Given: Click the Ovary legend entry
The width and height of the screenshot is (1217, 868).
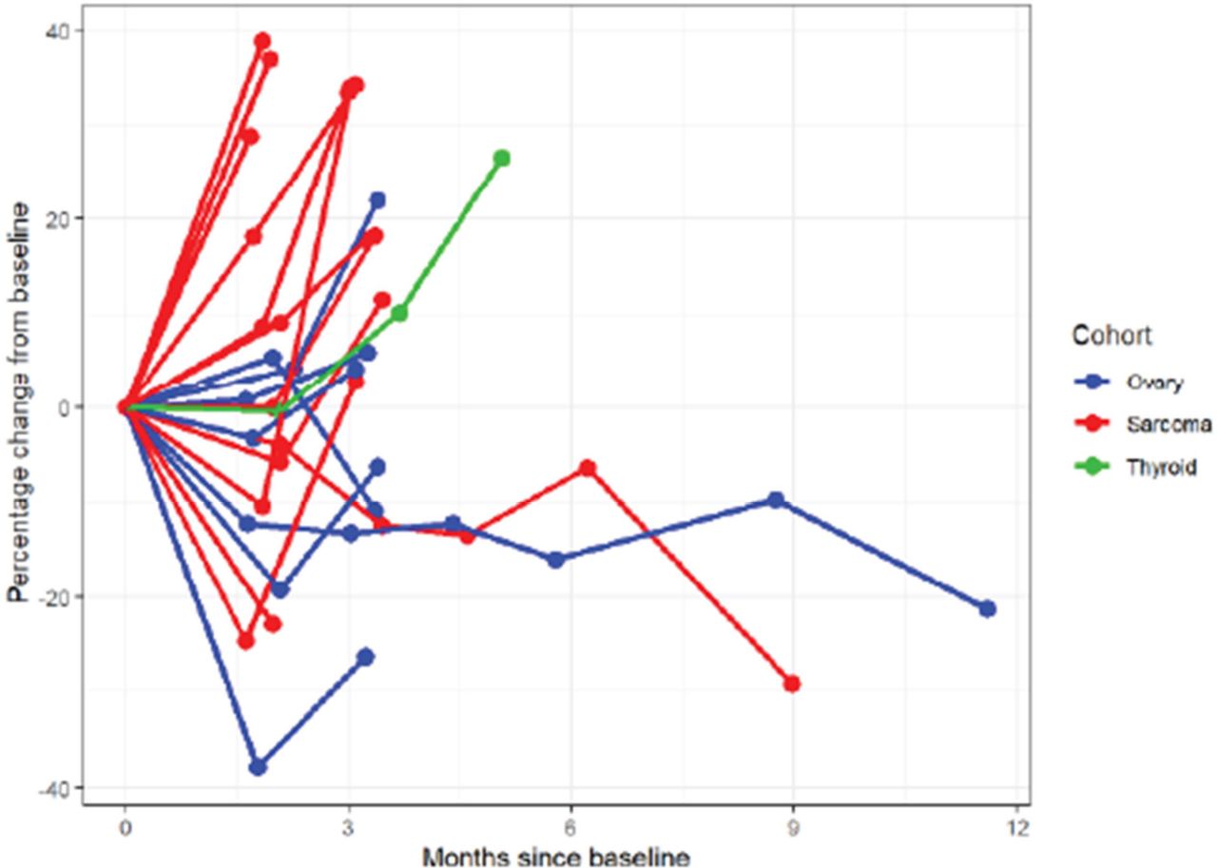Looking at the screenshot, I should pyautogui.click(x=1154, y=382).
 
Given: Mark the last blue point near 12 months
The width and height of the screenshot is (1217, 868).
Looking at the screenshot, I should pyautogui.click(x=987, y=608).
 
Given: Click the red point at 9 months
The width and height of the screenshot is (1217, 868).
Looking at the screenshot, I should pyautogui.click(x=791, y=684).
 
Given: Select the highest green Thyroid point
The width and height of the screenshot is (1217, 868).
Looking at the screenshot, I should pyautogui.click(x=501, y=158).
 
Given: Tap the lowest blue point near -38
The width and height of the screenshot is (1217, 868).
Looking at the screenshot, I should pyautogui.click(x=258, y=766).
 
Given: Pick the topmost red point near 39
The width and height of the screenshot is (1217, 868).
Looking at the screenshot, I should pyautogui.click(x=262, y=41).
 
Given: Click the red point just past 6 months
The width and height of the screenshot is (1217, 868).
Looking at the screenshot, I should pyautogui.click(x=588, y=468).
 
